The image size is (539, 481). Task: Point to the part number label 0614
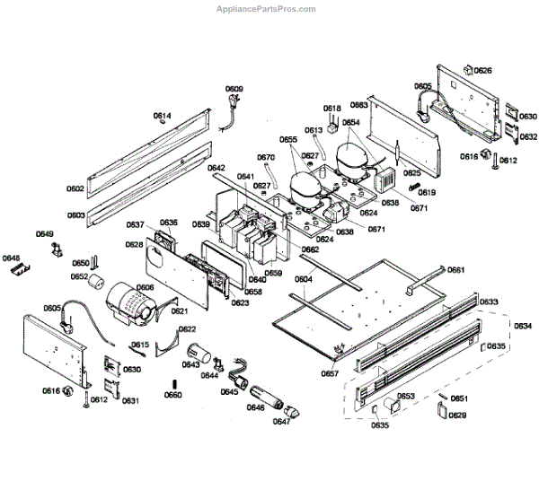[x=162, y=116]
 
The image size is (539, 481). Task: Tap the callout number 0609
[x=234, y=88]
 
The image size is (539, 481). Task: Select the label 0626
[x=482, y=70]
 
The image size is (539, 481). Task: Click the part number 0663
[x=359, y=105]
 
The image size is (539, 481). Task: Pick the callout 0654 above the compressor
[x=350, y=122]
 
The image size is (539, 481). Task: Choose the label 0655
[x=287, y=139]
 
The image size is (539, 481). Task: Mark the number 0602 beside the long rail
[x=75, y=188]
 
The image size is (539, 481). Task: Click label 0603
[x=75, y=215]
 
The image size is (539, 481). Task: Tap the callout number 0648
[x=11, y=258]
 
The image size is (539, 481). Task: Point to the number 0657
[x=331, y=372]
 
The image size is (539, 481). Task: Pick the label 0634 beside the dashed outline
[x=522, y=325]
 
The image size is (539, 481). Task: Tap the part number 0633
[x=488, y=302]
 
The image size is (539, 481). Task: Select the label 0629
[x=457, y=415]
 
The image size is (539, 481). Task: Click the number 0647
[x=282, y=421]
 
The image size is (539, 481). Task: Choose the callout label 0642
[x=216, y=168]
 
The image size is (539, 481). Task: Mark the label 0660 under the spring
[x=172, y=395]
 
